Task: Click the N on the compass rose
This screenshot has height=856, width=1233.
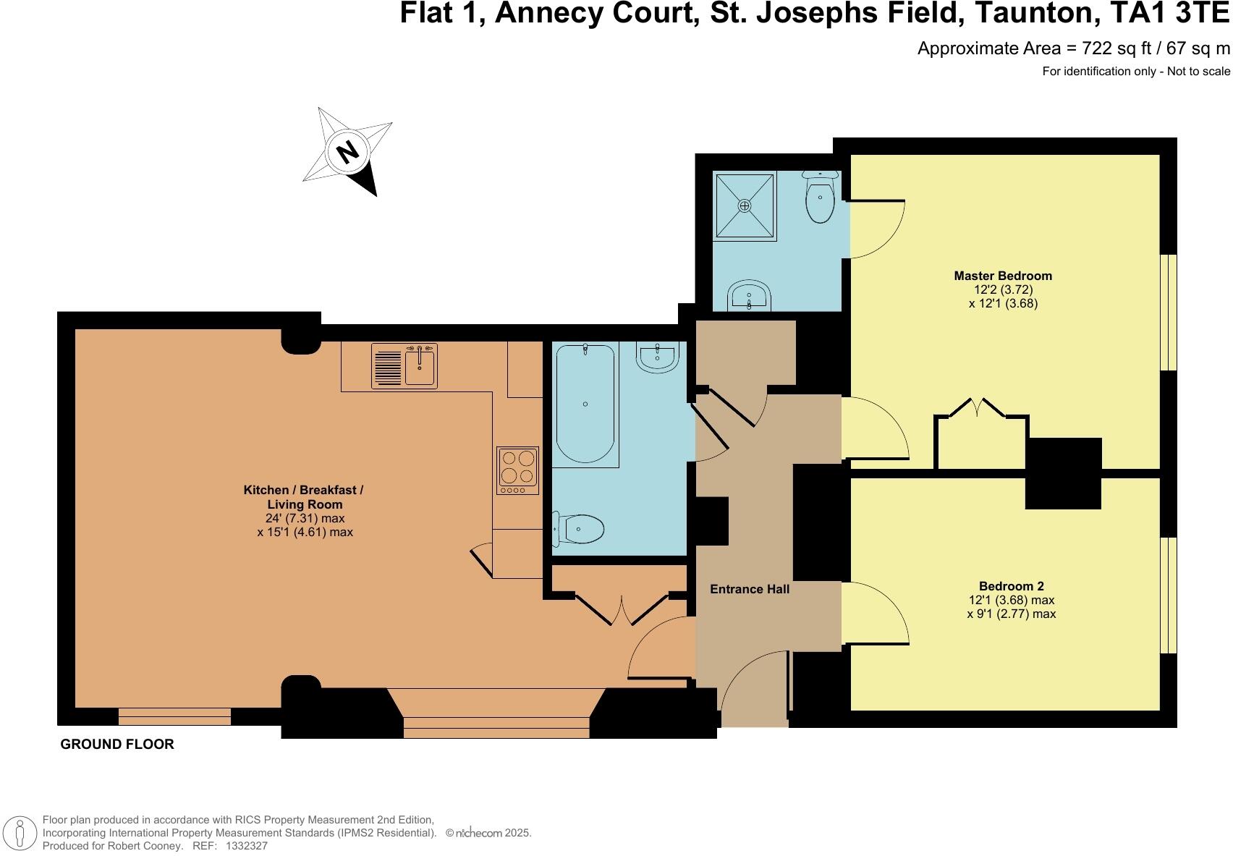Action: (x=348, y=151)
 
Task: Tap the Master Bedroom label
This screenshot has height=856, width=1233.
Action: (x=1002, y=276)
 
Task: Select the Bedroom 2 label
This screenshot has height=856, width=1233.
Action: (x=1011, y=586)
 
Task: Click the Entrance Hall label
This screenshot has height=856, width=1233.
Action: (x=749, y=589)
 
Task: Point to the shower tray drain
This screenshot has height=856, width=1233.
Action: (x=745, y=205)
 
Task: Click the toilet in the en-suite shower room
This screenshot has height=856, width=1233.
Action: (x=821, y=198)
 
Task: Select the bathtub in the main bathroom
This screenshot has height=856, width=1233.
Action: (x=585, y=404)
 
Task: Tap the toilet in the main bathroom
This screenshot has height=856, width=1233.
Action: (x=580, y=529)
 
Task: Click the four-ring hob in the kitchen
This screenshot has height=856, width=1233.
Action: (x=517, y=470)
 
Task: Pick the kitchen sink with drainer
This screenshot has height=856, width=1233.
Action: (x=404, y=366)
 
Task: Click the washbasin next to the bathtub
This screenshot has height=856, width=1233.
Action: (x=657, y=357)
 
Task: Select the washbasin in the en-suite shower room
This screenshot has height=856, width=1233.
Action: (x=749, y=295)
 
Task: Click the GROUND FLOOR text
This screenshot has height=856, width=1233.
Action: (x=117, y=744)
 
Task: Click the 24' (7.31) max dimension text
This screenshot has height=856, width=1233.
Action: (x=305, y=518)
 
